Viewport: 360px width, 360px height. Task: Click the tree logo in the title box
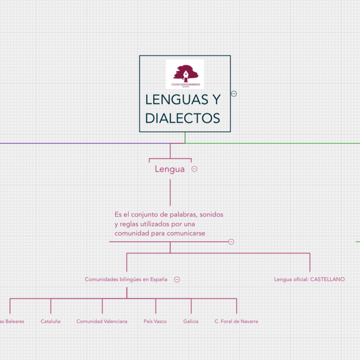coord(185,74)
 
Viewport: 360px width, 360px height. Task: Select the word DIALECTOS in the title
coord(183,118)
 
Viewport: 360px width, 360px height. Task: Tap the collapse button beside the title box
coord(234,94)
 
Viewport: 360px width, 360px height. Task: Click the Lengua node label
coord(170,169)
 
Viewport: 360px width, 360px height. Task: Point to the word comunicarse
coord(189,233)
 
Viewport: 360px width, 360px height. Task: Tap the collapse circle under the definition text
coord(231,242)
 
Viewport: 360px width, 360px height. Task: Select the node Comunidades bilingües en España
coord(126,279)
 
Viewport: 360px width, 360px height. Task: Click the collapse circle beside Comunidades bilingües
coord(177,279)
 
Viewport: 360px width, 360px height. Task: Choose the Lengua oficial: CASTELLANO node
coord(309,279)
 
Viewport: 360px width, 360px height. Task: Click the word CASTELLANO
coord(327,279)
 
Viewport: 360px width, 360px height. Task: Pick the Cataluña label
coord(50,321)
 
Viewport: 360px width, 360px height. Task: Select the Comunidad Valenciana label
coord(102,321)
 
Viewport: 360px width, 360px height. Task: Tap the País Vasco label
coord(155,321)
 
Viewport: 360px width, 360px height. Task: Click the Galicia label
coord(191,321)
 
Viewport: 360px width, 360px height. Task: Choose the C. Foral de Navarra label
coord(236,321)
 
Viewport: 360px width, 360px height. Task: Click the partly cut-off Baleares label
coord(12,321)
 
